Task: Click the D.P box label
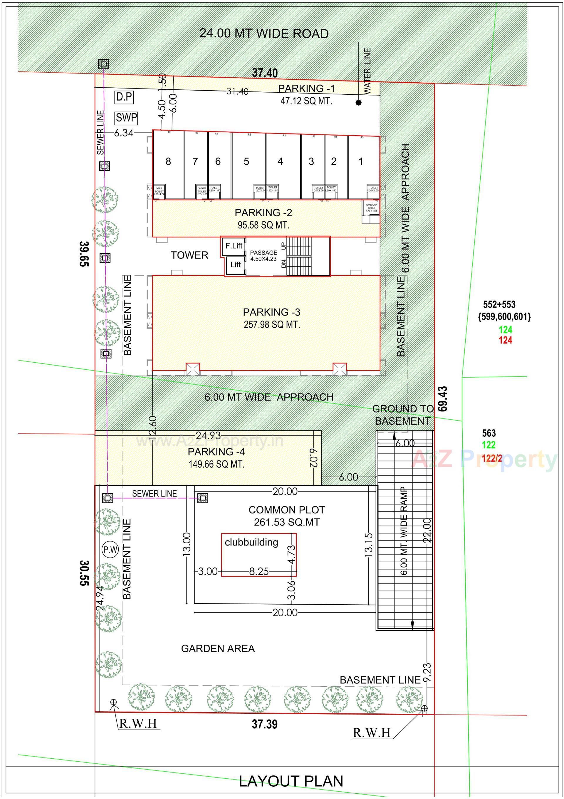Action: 124,97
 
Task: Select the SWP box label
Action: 126,118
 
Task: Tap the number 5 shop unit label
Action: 246,161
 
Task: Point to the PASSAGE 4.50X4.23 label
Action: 263,256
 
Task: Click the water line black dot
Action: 358,103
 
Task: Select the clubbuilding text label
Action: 251,542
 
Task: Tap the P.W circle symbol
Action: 110,550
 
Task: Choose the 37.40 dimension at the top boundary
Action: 265,73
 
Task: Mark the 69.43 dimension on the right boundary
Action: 443,399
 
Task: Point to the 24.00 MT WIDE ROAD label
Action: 264,34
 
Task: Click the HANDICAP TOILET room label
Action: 371,208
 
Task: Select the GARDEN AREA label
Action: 218,648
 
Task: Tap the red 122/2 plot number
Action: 492,458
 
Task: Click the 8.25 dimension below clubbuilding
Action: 259,571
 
